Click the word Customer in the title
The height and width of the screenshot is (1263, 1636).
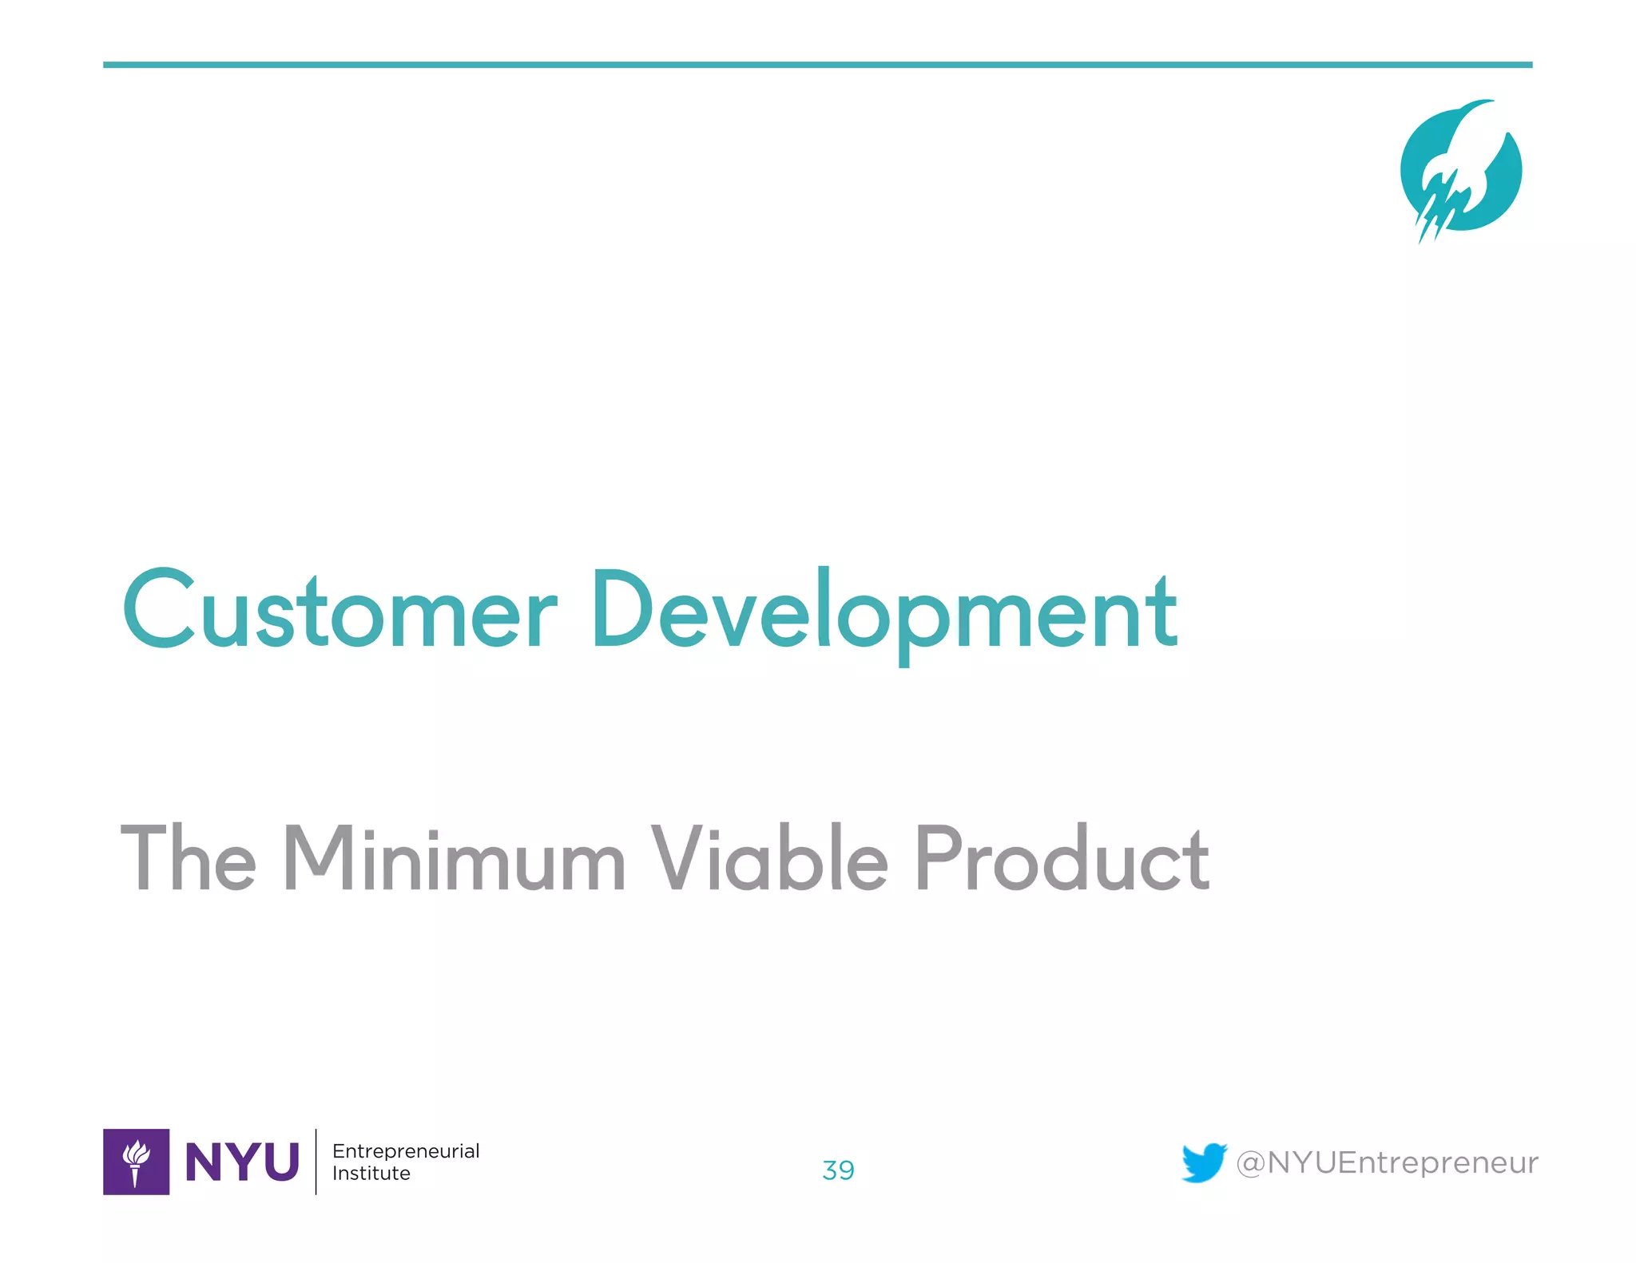[340, 611]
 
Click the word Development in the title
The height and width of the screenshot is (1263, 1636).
[883, 611]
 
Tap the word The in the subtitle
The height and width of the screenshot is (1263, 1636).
[189, 858]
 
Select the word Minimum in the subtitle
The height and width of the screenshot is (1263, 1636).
[454, 858]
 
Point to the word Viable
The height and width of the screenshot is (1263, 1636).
[769, 858]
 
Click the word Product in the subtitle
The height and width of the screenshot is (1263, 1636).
[1062, 858]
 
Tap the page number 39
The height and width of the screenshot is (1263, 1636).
[838, 1170]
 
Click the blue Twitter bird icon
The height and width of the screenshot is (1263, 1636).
[1204, 1162]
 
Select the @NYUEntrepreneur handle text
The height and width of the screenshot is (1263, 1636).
[1387, 1163]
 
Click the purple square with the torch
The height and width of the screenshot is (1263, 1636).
[136, 1162]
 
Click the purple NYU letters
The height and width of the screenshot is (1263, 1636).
[242, 1162]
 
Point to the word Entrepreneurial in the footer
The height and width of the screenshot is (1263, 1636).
[406, 1151]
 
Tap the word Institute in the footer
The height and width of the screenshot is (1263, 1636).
[371, 1174]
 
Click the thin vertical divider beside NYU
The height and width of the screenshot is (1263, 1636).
[316, 1162]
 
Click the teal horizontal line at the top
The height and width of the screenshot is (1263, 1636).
[817, 65]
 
